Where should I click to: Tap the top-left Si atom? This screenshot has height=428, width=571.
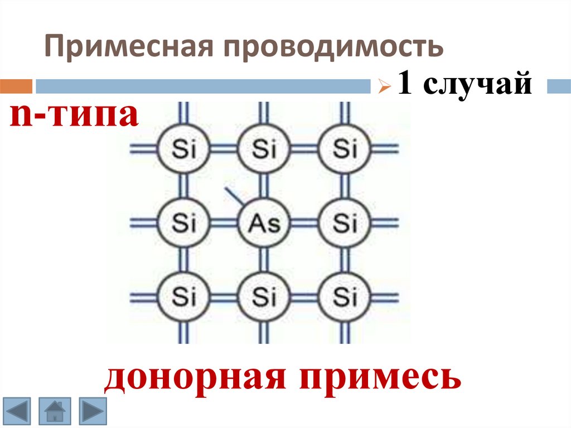coord(183,149)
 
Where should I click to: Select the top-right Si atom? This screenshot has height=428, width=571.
coord(344,149)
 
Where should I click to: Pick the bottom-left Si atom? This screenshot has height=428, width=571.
coord(183,296)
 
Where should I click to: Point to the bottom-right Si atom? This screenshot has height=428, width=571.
coord(344,296)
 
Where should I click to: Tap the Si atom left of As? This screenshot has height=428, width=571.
coord(183,223)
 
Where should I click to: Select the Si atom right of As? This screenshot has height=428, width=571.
coord(344,223)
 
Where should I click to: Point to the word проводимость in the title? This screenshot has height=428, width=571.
coord(334,47)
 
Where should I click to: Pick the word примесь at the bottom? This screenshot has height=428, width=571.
coord(380,378)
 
